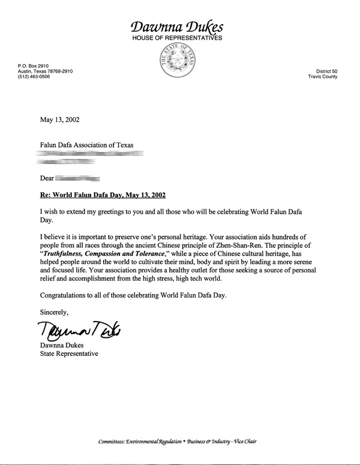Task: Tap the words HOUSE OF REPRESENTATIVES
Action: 178,38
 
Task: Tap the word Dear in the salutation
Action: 47,178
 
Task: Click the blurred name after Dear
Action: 78,178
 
